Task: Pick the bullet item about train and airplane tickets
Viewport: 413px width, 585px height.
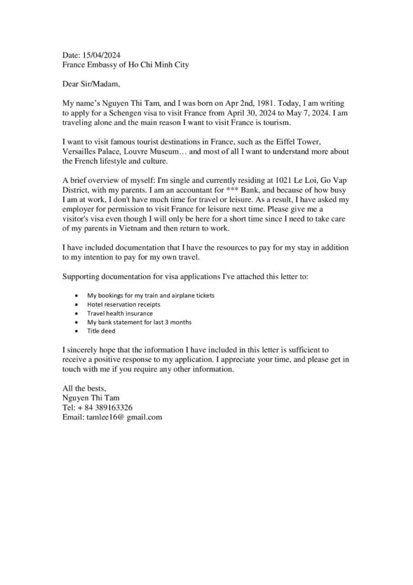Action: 151,295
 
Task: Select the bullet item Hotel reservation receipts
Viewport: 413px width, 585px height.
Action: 123,304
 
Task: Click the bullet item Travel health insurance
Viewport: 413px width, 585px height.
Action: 120,313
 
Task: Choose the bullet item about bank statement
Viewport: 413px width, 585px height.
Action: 139,322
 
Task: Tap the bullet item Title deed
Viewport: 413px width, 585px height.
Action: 101,331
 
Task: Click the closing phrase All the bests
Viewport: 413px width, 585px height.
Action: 84,388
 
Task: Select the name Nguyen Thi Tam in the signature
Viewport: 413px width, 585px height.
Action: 91,398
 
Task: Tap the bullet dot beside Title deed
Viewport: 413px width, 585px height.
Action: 77,331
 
